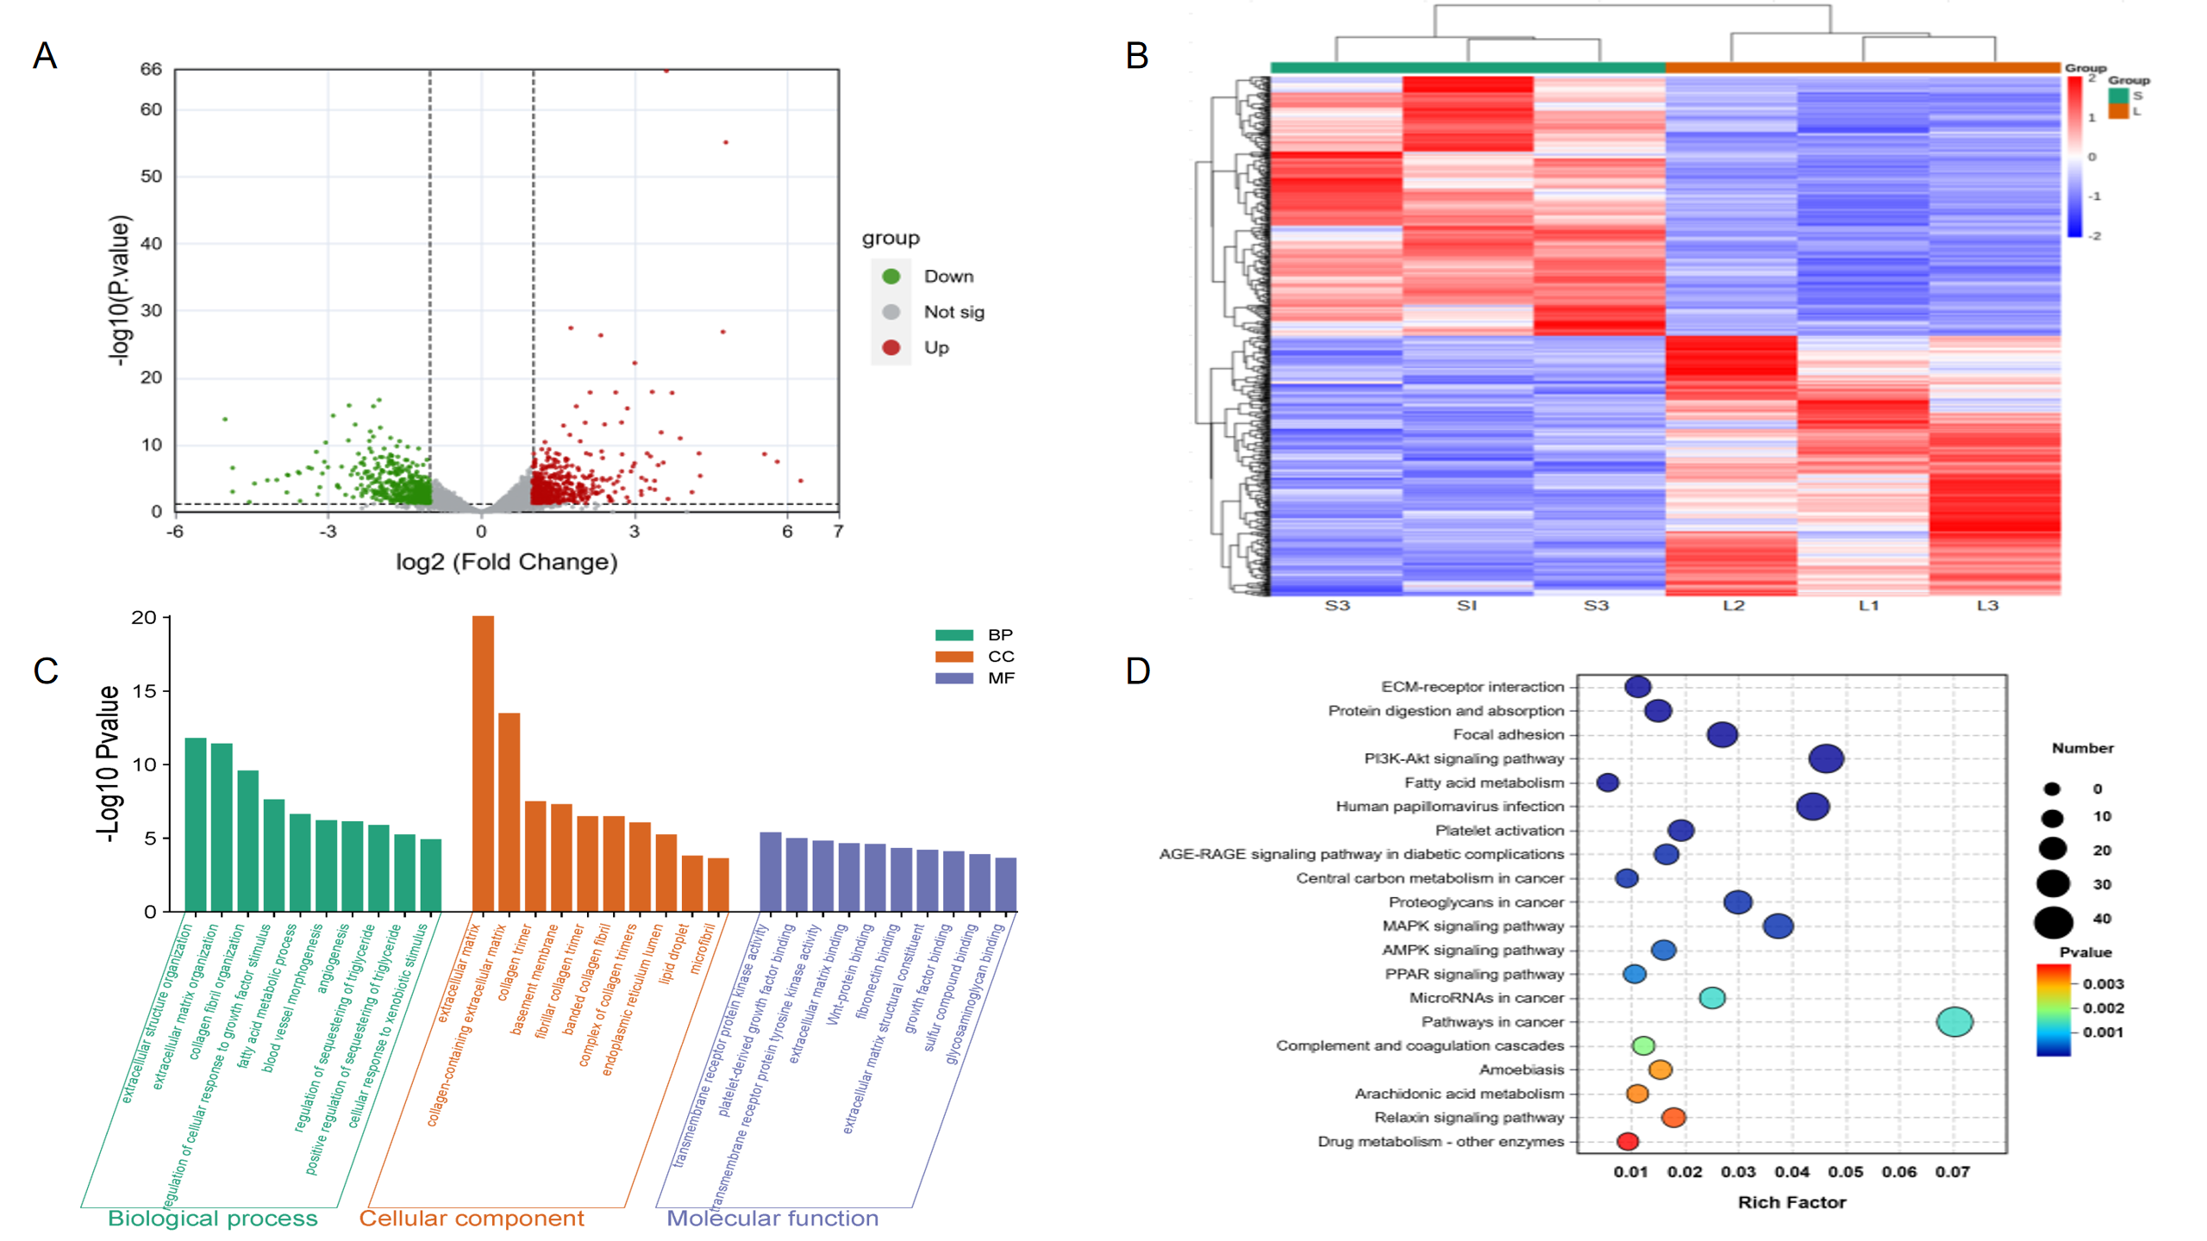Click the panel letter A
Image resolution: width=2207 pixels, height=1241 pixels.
click(45, 56)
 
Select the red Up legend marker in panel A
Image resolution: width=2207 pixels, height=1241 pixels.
click(891, 347)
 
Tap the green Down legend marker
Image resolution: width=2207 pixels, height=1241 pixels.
click(891, 276)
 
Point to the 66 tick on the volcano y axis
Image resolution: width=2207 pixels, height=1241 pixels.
click(151, 69)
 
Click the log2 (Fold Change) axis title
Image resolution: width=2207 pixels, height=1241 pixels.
click(506, 562)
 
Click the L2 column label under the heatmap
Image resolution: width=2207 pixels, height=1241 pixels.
click(1733, 606)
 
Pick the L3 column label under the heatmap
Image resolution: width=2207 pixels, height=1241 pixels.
click(1987, 606)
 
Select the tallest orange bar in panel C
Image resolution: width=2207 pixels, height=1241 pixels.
click(483, 763)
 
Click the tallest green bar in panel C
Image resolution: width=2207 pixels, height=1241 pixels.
click(196, 824)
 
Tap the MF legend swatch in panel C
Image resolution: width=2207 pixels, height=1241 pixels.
click(953, 678)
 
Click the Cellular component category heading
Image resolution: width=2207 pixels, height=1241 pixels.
click(472, 1218)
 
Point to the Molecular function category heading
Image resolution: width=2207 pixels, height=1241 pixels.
click(772, 1218)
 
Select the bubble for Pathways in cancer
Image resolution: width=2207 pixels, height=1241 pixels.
click(1954, 1022)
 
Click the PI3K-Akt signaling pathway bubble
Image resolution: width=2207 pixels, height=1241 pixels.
click(1826, 759)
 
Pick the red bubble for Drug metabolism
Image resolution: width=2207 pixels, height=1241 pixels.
click(1627, 1142)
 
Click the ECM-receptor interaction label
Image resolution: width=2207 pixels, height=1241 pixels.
click(1472, 687)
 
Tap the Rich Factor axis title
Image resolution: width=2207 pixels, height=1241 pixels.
click(1791, 1202)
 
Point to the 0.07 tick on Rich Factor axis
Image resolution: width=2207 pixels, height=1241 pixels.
click(1953, 1172)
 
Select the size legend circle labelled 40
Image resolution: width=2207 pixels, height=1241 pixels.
click(2053, 922)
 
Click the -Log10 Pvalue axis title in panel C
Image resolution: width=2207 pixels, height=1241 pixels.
click(109, 764)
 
